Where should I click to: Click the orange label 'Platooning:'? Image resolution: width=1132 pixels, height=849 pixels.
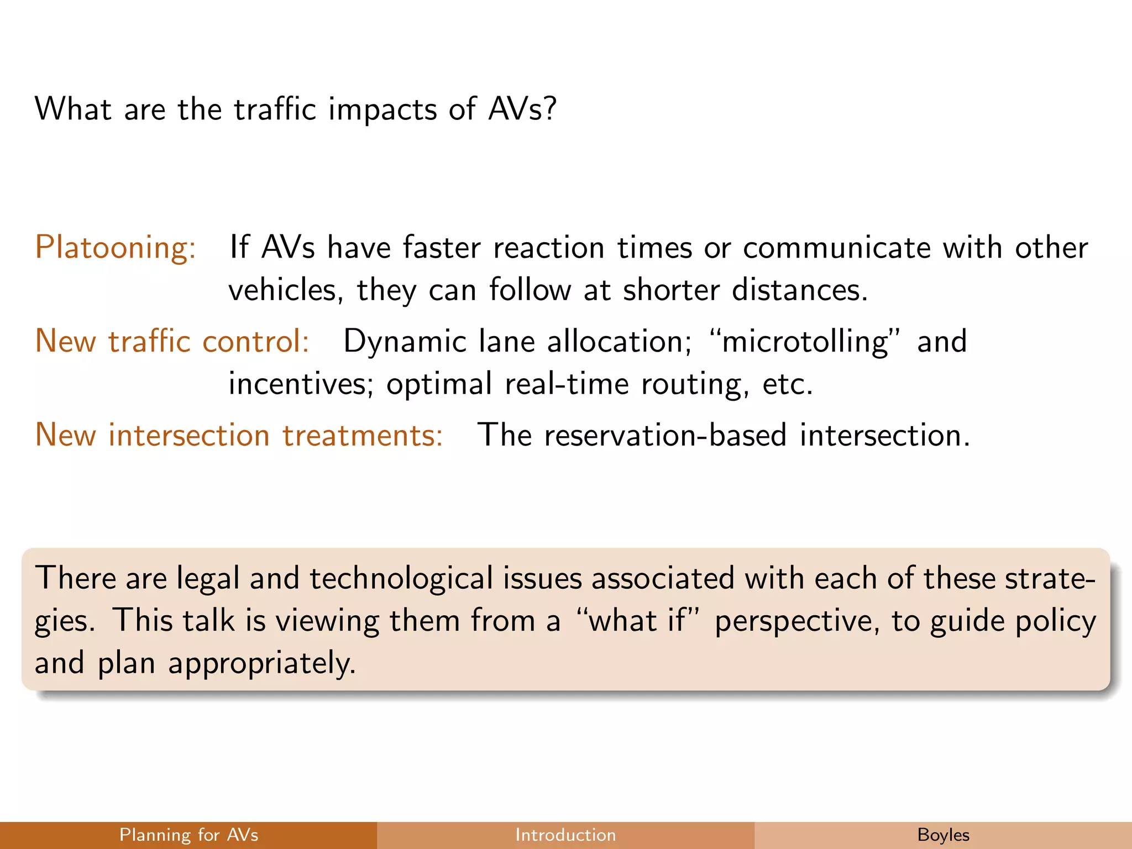116,247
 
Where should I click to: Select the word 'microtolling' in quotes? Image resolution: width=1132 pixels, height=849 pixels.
805,341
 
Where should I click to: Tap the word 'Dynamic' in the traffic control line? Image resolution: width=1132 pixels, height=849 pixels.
405,342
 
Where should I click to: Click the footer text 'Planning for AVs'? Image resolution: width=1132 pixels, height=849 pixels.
188,835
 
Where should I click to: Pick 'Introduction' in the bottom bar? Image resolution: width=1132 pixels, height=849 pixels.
565,835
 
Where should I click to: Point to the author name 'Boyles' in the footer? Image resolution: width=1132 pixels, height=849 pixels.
943,835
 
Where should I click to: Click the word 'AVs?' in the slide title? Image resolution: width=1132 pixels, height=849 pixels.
522,109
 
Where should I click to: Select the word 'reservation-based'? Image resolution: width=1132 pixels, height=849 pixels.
665,435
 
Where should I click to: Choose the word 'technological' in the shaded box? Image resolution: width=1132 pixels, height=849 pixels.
401,579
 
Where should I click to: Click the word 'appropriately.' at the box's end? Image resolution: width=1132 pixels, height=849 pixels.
262,663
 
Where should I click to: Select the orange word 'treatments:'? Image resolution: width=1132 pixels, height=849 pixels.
363,435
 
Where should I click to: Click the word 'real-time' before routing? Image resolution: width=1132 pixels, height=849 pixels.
567,384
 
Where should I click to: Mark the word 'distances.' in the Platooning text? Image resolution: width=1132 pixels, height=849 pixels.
800,290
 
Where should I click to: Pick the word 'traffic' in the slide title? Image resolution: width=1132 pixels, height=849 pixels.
275,109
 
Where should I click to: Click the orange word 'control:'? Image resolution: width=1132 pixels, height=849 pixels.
255,341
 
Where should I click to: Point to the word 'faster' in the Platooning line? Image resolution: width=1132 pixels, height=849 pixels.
441,247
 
